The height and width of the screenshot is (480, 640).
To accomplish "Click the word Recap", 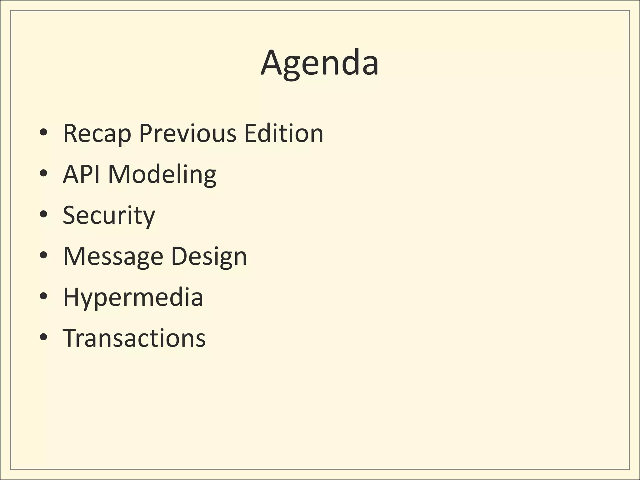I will [97, 133].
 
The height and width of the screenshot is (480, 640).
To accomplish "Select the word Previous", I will [187, 133].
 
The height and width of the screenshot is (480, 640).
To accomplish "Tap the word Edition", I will [283, 133].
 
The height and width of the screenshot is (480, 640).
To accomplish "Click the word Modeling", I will [162, 175].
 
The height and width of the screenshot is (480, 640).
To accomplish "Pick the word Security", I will [109, 215].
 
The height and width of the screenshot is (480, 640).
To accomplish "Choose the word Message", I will [113, 257].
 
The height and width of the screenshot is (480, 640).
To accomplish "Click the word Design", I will [209, 257].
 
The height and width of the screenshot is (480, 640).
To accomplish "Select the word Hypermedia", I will [133, 297].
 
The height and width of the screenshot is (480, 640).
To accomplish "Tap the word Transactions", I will [134, 338].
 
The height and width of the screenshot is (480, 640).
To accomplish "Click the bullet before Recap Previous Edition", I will [43, 133].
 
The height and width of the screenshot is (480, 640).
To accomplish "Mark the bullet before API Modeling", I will [43, 173].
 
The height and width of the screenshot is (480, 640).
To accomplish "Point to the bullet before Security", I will [43, 214].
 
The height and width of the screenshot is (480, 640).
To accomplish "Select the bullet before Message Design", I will [43, 255].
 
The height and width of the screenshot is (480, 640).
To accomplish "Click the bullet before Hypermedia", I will [43, 296].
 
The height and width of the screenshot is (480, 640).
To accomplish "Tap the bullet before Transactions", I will [43, 337].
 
